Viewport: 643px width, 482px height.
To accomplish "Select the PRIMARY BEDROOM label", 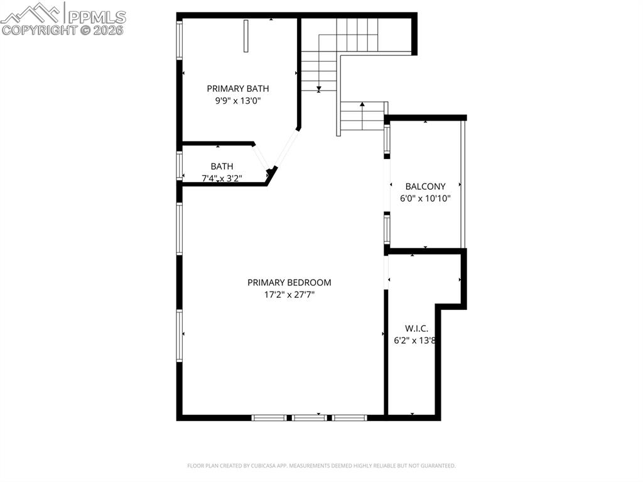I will pos(289,283).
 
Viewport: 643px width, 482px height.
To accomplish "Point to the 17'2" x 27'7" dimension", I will pos(289,295).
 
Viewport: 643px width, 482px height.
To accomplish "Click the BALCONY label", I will pos(425,187).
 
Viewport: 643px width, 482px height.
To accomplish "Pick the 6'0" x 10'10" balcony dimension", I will pos(425,199).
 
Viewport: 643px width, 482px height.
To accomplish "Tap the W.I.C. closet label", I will pos(416,329).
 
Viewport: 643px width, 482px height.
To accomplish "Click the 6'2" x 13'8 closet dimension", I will pos(414,341).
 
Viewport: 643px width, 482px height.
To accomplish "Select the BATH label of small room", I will pos(222,167).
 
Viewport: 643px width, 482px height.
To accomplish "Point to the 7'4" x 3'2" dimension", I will pos(222,178).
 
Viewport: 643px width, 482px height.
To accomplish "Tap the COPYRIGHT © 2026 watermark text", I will pos(63,30).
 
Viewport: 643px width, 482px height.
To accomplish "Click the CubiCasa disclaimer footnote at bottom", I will pos(321,466).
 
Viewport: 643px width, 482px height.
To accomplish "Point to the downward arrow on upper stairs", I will pos(319,88).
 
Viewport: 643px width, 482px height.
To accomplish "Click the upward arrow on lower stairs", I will pos(362,104).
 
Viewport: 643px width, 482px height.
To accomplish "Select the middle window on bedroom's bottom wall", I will pos(310,417).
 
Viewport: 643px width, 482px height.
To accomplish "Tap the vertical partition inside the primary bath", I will pos(246,36).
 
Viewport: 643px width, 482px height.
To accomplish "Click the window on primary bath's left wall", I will pos(179,41).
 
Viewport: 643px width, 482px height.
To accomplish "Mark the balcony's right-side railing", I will pos(463,183).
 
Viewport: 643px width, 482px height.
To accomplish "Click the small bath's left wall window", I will pos(179,166).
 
